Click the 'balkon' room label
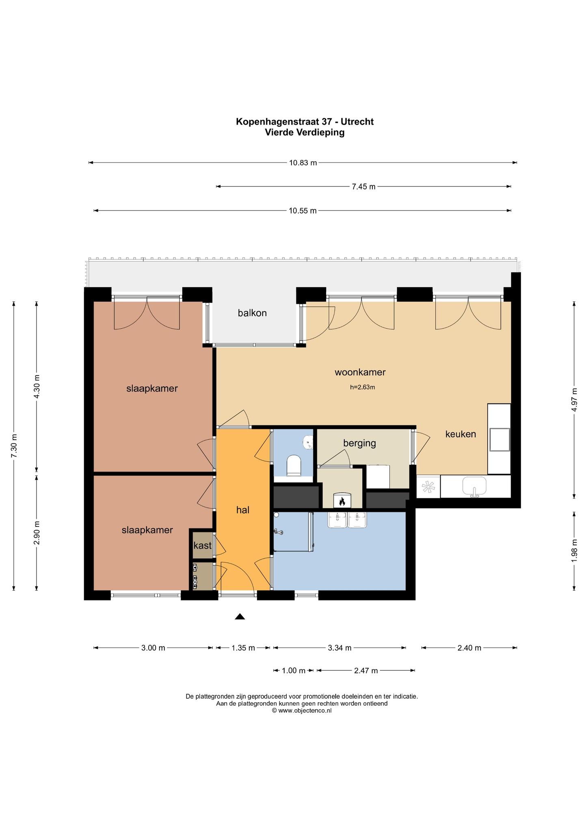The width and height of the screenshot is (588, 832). click(x=252, y=313)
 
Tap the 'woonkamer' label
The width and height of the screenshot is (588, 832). click(x=360, y=372)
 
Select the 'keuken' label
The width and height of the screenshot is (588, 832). click(x=460, y=434)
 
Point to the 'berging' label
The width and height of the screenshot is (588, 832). click(x=359, y=443)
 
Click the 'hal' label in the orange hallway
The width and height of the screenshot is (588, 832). click(x=243, y=510)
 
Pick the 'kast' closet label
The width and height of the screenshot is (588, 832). click(x=202, y=546)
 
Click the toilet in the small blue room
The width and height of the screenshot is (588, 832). click(x=294, y=465)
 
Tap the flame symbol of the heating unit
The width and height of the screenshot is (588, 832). click(x=342, y=501)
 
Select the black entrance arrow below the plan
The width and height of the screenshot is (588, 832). click(x=240, y=616)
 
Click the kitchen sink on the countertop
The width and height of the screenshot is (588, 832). click(x=474, y=487)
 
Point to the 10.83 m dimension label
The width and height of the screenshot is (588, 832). click(x=303, y=163)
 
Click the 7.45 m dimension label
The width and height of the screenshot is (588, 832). click(x=363, y=187)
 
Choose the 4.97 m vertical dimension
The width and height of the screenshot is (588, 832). click(x=574, y=400)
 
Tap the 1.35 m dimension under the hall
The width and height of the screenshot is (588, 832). click(x=243, y=648)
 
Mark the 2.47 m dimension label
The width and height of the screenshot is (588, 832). click(x=366, y=670)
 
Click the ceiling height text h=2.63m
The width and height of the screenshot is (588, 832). click(x=362, y=387)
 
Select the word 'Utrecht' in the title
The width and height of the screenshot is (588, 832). click(x=357, y=121)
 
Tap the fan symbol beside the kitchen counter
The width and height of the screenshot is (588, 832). click(x=428, y=486)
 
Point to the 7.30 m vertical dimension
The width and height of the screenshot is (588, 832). click(x=14, y=446)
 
